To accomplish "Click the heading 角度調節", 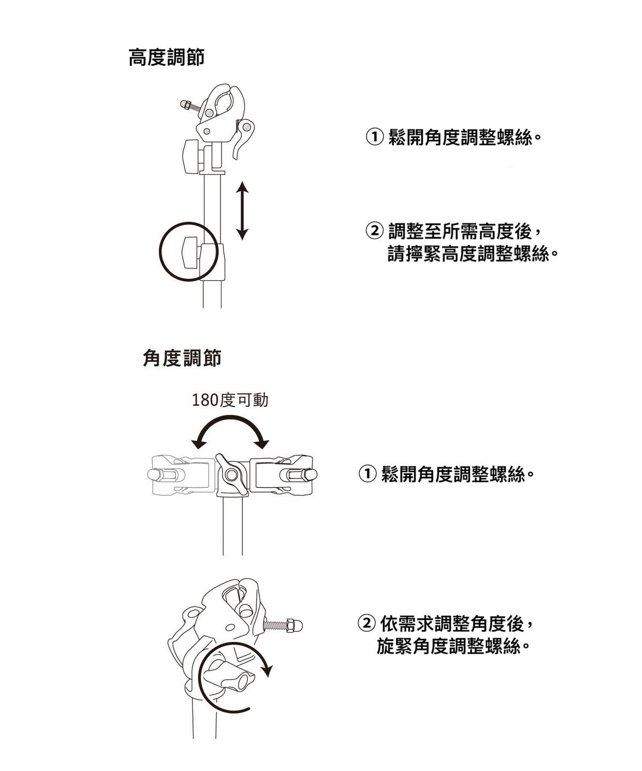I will pyautogui.click(x=182, y=359).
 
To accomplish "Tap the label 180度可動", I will pyautogui.click(x=230, y=400).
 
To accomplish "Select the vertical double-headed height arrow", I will pyautogui.click(x=242, y=211).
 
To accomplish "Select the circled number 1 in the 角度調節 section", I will pyautogui.click(x=367, y=473).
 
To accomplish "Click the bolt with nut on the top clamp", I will pyautogui.click(x=190, y=104).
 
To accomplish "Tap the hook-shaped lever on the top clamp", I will pyautogui.click(x=242, y=137).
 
